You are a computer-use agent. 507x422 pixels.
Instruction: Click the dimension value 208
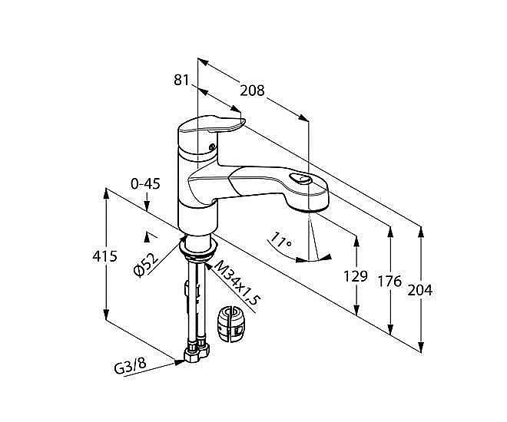point(252,91)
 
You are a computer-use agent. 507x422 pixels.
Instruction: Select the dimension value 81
point(181,80)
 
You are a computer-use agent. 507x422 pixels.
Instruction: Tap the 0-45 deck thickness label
point(145,184)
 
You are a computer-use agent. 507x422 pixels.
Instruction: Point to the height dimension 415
point(104,256)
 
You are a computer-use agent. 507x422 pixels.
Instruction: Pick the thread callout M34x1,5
point(237,282)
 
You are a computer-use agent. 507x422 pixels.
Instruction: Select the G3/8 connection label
point(131,366)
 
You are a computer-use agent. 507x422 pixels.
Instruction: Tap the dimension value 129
point(356,276)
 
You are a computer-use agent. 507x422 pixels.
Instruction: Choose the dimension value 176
point(389,282)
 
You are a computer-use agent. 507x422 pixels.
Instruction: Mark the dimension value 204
point(419,290)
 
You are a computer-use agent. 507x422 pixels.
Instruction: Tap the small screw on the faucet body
point(212,147)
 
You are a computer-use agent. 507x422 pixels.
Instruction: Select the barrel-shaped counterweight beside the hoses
point(231,324)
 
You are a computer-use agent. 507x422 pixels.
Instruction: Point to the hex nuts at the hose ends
point(197,353)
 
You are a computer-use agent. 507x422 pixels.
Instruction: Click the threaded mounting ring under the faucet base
point(198,250)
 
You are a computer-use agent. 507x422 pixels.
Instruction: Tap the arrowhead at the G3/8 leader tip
point(179,362)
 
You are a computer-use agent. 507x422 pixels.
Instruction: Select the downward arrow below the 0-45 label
point(147,202)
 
